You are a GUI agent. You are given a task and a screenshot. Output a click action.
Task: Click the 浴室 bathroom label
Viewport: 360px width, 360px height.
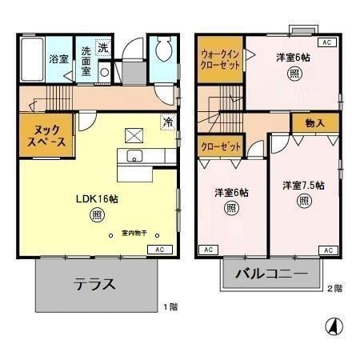click(x=58, y=59)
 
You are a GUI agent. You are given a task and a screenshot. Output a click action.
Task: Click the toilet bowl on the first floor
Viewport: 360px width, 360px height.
click(x=162, y=51)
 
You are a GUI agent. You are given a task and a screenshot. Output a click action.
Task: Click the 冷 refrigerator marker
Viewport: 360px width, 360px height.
click(x=167, y=122)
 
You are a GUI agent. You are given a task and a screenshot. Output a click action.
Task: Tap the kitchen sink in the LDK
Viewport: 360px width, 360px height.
click(x=134, y=155)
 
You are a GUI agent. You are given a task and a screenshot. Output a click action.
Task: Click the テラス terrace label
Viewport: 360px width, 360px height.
click(x=96, y=284)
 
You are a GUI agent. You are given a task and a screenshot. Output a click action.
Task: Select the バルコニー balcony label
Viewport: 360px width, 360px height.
click(x=271, y=274)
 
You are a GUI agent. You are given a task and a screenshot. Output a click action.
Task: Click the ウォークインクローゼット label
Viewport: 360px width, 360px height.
click(x=220, y=59)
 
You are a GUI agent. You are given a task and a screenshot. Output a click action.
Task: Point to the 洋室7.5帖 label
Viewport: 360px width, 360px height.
click(x=303, y=186)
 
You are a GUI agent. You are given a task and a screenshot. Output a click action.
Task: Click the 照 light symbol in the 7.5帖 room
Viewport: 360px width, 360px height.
click(x=303, y=201)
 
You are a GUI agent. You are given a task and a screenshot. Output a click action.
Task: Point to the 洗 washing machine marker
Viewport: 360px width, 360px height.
click(x=102, y=48)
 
